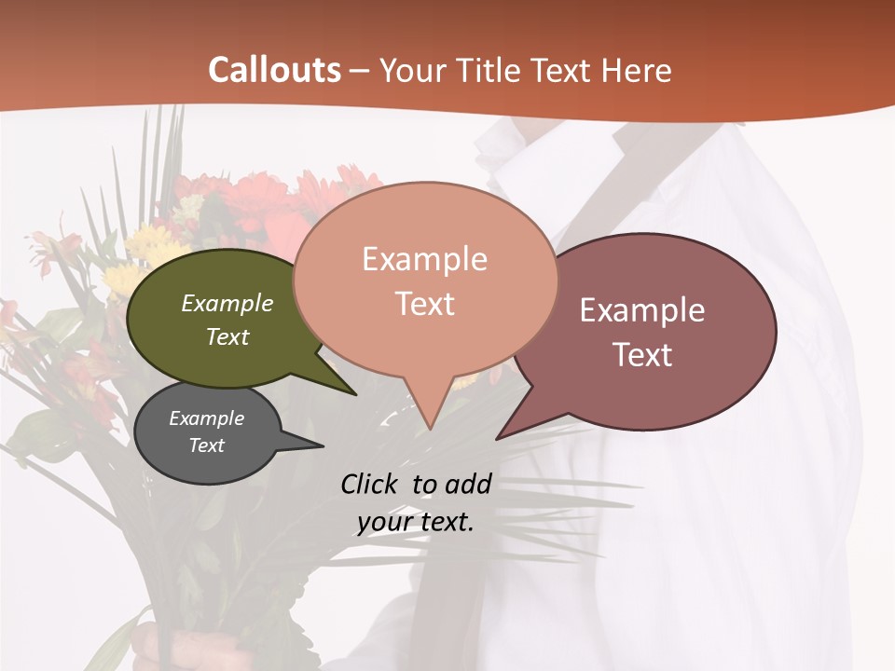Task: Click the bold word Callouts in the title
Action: pyautogui.click(x=274, y=70)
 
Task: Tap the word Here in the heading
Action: pyautogui.click(x=636, y=71)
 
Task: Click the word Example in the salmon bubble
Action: pyautogui.click(x=425, y=259)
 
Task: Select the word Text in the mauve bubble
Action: pyautogui.click(x=642, y=355)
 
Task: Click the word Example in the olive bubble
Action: pyautogui.click(x=227, y=304)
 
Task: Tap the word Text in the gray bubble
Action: pyautogui.click(x=206, y=445)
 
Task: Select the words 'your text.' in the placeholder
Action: pyautogui.click(x=416, y=522)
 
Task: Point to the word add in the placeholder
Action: pyautogui.click(x=468, y=484)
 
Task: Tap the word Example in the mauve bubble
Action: pyautogui.click(x=642, y=310)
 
